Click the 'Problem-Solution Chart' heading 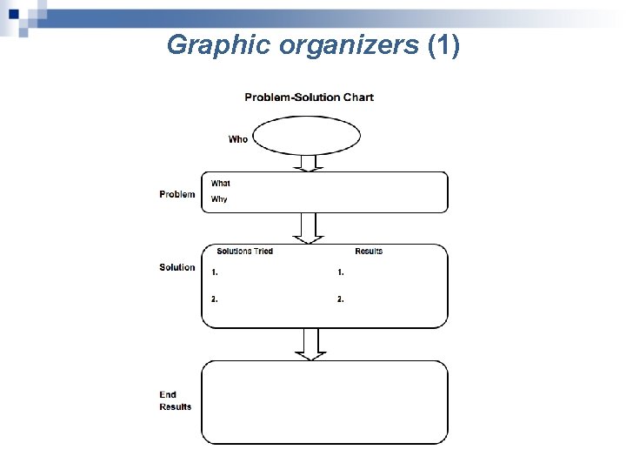click(309, 97)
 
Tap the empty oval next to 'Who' click(308, 136)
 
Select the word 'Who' click(237, 139)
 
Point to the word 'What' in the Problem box click(221, 184)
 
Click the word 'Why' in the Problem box click(219, 199)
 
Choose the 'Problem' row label click(177, 194)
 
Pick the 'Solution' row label click(177, 267)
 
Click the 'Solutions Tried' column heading click(244, 252)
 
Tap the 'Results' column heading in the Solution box click(369, 252)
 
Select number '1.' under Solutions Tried click(215, 272)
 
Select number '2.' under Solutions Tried click(215, 299)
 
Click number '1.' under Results click(341, 272)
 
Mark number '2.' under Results click(341, 299)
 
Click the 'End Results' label click(176, 401)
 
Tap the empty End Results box click(324, 402)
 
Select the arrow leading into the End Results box click(309, 345)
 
